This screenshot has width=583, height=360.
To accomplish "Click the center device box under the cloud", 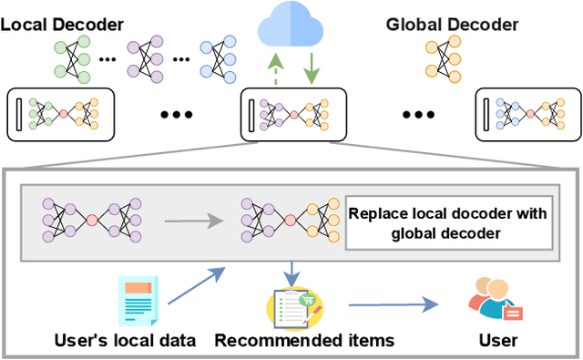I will (292, 115).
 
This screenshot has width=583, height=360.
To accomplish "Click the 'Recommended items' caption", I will (304, 341).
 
